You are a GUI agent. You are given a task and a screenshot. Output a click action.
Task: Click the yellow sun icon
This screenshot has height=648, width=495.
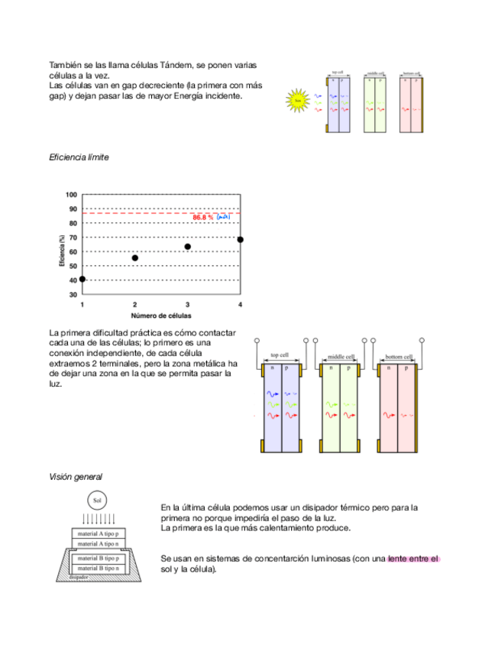tap(299, 99)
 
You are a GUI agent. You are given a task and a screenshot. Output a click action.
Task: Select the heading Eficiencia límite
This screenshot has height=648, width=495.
tap(79, 157)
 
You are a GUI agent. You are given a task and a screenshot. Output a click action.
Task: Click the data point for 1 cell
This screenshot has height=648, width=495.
tap(82, 279)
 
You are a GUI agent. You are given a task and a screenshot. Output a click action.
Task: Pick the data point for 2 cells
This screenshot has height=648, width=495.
tap(135, 258)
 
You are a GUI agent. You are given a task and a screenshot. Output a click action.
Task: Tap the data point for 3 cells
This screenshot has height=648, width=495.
tap(188, 247)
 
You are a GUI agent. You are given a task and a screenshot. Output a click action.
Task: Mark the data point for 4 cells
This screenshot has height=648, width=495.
tap(241, 240)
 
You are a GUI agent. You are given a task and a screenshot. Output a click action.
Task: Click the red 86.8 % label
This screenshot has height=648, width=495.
tap(203, 218)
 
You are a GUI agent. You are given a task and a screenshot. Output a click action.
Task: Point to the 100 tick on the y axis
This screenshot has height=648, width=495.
tap(72, 195)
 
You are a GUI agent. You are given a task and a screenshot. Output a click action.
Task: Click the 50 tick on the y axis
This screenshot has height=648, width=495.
tap(73, 266)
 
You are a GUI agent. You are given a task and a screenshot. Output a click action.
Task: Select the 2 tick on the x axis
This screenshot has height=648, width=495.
tap(135, 304)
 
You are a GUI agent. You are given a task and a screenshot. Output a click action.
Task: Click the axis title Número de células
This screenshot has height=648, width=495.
tap(160, 315)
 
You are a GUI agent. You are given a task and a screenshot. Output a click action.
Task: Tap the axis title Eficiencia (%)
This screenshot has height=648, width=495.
tap(60, 249)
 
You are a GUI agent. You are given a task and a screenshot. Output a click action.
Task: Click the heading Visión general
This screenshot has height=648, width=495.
tap(76, 477)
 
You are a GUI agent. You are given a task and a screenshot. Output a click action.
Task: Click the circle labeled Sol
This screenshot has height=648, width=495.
tap(97, 501)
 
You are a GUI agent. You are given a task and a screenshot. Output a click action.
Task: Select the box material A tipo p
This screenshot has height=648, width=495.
tap(97, 533)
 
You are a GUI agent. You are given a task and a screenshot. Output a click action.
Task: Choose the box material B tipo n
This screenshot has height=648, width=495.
tap(97, 569)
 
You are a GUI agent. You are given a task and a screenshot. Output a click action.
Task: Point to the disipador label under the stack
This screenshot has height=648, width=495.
tap(79, 578)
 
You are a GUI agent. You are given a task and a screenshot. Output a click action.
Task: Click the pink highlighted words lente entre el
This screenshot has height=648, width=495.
tap(413, 559)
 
